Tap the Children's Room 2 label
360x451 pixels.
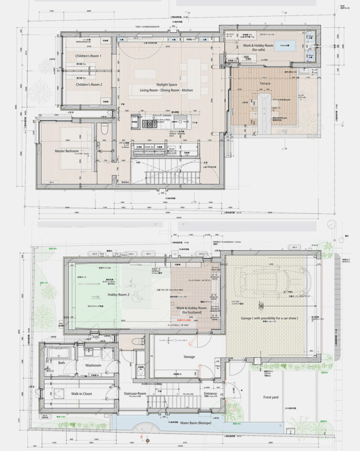(x=88, y=84)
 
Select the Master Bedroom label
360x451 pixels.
(x=67, y=151)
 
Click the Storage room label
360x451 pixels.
(x=189, y=356)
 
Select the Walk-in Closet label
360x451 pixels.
(x=78, y=393)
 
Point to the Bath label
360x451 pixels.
(x=62, y=363)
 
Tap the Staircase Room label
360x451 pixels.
(x=135, y=394)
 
